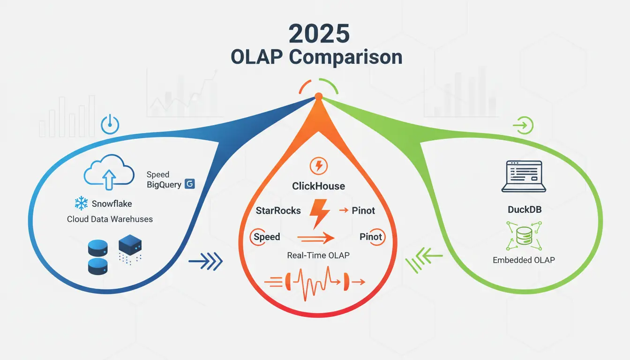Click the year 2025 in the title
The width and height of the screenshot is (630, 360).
(319, 35)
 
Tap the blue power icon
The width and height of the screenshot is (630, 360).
(110, 125)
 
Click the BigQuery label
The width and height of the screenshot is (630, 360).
(164, 184)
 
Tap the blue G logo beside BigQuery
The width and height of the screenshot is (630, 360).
(190, 184)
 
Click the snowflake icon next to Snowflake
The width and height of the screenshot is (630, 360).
(81, 203)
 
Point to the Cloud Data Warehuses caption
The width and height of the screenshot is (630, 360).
(110, 219)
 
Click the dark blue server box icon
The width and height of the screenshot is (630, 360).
(130, 245)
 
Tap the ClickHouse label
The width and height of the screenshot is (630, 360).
(318, 186)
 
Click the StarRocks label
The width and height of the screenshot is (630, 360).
(278, 210)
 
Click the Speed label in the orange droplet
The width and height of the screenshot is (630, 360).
(266, 237)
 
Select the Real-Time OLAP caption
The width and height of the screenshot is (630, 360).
(318, 255)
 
